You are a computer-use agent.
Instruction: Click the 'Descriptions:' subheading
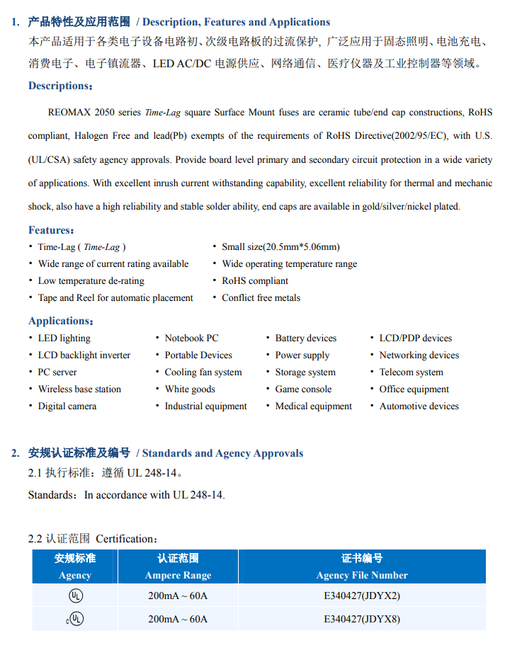[60, 86]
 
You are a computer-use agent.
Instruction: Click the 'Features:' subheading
[51, 229]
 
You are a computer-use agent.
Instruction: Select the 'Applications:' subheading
[61, 321]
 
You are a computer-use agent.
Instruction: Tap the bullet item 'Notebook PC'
[191, 338]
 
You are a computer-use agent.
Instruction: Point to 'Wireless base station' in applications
[79, 389]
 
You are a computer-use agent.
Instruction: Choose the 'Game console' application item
[303, 389]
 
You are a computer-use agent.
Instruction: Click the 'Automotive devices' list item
[419, 406]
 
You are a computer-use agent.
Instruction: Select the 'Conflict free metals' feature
[261, 297]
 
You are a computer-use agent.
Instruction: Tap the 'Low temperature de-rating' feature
[91, 280]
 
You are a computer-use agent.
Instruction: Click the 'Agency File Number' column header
[362, 575]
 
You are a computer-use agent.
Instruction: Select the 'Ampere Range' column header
[178, 575]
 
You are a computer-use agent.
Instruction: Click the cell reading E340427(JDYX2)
[362, 596]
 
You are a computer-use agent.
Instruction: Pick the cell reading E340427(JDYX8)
[362, 619]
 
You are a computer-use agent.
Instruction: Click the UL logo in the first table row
[75, 596]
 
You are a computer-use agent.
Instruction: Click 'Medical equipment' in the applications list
[313, 406]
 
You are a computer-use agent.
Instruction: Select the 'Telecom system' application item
[411, 372]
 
